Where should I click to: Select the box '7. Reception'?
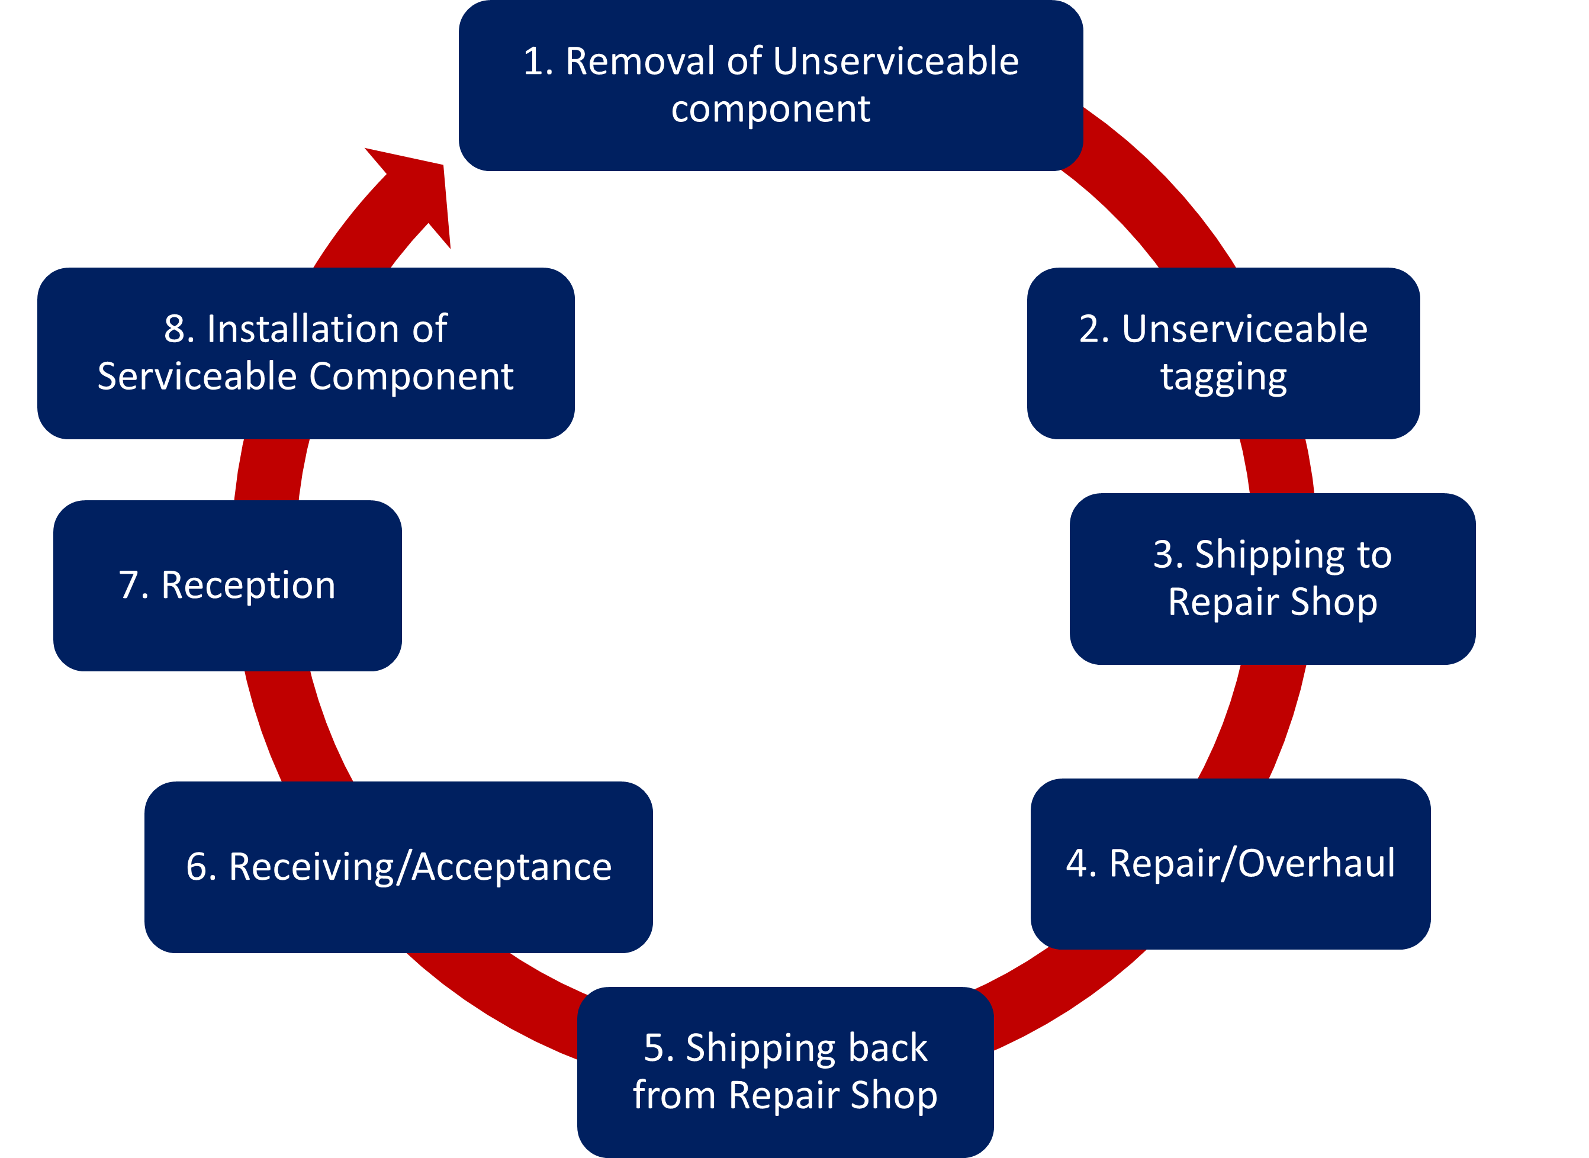pyautogui.click(x=227, y=586)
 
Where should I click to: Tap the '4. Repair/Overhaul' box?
pyautogui.click(x=1230, y=864)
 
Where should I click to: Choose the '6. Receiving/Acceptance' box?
pyautogui.click(x=398, y=867)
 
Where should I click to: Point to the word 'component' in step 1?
pyautogui.click(x=770, y=110)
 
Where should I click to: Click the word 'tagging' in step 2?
pyautogui.click(x=1223, y=377)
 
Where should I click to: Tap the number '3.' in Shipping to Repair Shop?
pyautogui.click(x=1169, y=555)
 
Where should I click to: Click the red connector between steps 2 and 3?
pyautogui.click(x=1277, y=466)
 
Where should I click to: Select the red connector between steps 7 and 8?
pyautogui.click(x=270, y=469)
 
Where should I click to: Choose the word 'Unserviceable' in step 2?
pyautogui.click(x=1244, y=329)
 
